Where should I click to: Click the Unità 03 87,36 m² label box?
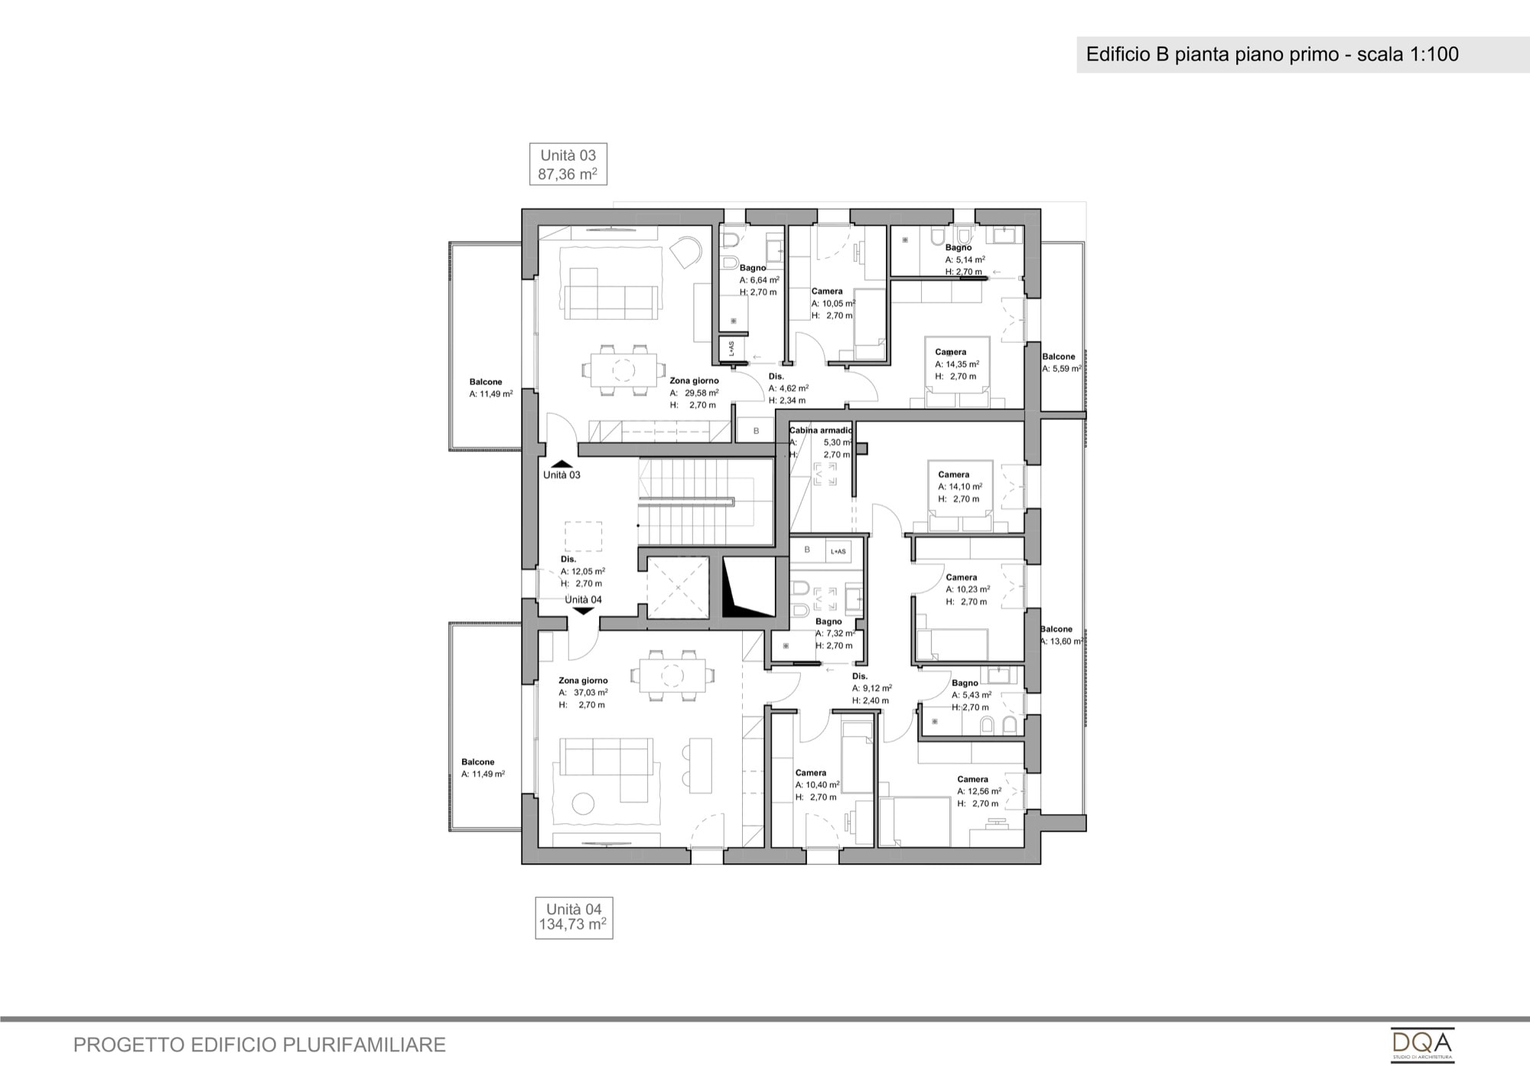tap(568, 164)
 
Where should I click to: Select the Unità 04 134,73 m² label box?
tap(574, 917)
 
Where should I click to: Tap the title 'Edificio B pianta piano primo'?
tap(1213, 54)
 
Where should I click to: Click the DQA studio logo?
tap(1422, 1045)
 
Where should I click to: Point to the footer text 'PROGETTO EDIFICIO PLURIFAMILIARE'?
tap(259, 1045)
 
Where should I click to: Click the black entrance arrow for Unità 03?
tap(562, 464)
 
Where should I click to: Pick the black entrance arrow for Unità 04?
tap(583, 610)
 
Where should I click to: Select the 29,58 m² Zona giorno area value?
tap(702, 393)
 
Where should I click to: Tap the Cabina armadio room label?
tap(821, 430)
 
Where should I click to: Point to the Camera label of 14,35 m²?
tap(951, 352)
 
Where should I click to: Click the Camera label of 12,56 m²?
tap(973, 779)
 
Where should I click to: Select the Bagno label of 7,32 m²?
tap(828, 621)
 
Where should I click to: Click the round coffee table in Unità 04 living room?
tap(584, 804)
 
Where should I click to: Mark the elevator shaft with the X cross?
tap(678, 588)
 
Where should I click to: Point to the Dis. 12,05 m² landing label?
tap(583, 571)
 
